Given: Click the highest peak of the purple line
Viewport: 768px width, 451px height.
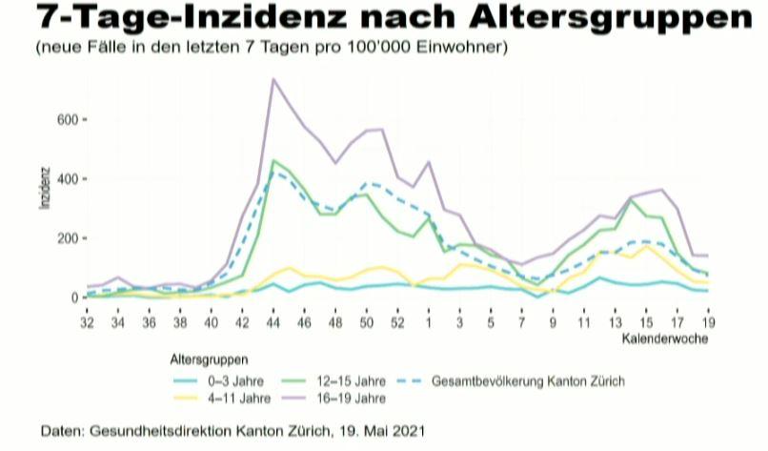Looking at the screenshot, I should tap(273, 79).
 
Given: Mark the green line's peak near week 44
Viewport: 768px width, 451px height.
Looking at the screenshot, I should tap(273, 160).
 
